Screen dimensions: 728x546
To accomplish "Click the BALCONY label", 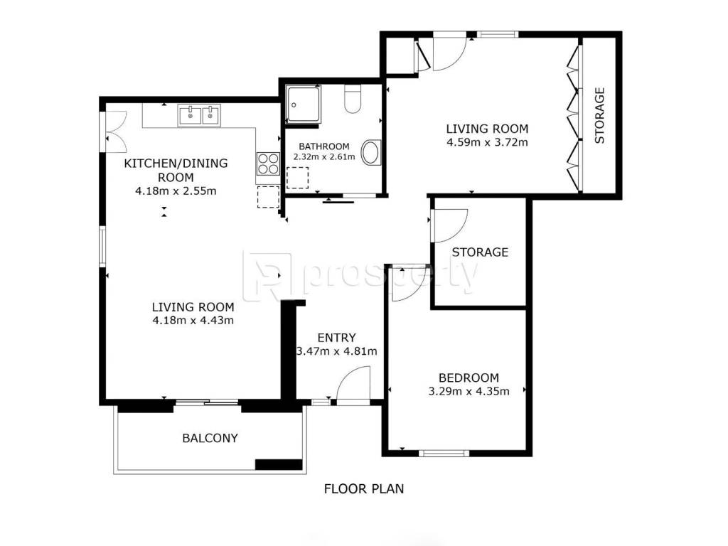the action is point(210,438).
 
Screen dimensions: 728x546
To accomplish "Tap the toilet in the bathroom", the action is point(353,99).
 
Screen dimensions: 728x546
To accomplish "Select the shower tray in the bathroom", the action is point(303,105).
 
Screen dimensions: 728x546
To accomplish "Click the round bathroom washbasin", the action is point(371,152).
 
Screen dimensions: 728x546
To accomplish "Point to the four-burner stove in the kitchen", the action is point(268,164).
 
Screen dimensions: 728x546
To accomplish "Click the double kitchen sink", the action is point(199,114).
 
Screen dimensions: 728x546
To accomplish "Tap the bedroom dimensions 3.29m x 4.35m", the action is point(469,392).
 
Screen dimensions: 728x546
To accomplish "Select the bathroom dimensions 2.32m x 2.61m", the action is point(324,157).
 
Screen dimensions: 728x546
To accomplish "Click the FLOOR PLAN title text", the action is point(364,489).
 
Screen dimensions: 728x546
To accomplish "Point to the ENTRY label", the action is point(336,338).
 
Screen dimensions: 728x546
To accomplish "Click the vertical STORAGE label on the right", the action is point(600,115).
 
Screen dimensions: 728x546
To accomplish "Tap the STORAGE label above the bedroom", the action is point(480,252).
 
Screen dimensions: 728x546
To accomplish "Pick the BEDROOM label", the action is point(469,378).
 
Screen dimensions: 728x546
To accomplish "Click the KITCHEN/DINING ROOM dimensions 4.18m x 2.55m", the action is point(176,191).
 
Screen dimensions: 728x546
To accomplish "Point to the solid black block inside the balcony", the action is point(279,464).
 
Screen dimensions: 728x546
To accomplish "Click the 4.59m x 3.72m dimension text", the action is point(487,142).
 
